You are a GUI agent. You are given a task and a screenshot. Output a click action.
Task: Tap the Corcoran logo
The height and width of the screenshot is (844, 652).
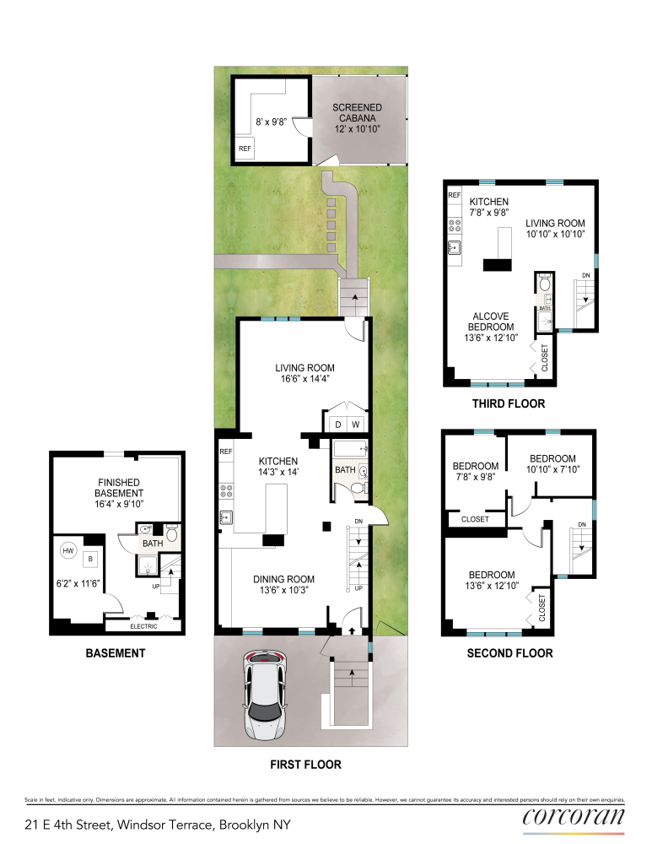(574, 816)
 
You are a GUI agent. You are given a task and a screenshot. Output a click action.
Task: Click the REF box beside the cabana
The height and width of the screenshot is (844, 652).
(245, 149)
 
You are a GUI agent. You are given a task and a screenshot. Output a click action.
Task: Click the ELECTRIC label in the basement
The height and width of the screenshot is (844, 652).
(143, 626)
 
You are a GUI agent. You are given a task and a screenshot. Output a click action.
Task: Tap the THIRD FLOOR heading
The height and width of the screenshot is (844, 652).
(508, 403)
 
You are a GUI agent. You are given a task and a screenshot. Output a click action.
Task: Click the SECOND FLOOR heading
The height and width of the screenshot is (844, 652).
(509, 652)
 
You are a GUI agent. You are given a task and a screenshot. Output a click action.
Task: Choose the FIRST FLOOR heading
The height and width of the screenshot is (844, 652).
(306, 765)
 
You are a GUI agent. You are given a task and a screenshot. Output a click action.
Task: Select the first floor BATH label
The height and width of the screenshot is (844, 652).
(345, 470)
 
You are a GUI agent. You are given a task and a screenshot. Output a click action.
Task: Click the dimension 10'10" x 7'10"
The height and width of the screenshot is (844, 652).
(552, 469)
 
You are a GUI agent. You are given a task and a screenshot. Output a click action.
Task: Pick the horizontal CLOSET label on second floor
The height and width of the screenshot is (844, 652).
(475, 519)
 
